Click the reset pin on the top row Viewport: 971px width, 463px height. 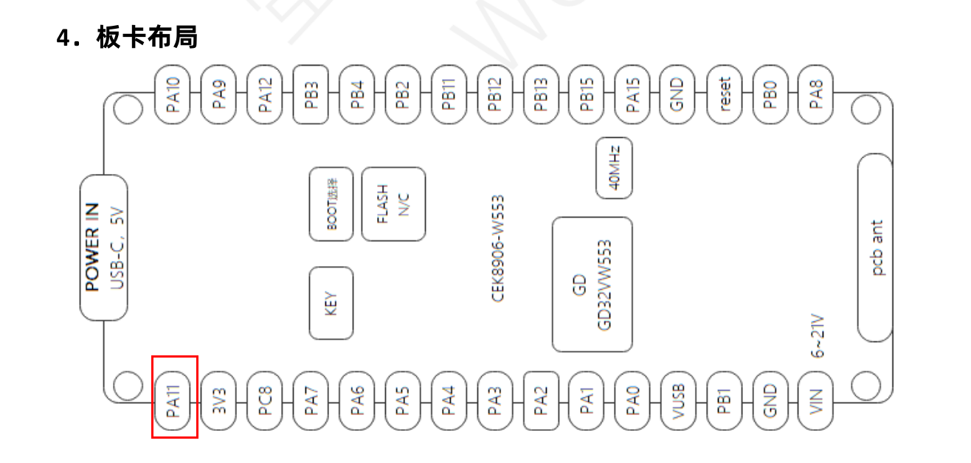click(x=725, y=94)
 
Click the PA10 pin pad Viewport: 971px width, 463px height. click(x=174, y=94)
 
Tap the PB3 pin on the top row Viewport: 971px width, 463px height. click(x=311, y=94)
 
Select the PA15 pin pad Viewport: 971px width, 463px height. click(x=632, y=94)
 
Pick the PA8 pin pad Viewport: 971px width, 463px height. click(x=816, y=94)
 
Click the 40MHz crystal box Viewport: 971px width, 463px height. click(x=614, y=167)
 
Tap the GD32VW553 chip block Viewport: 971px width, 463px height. click(x=592, y=284)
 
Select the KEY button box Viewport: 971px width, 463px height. click(x=331, y=303)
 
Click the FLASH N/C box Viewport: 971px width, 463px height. click(x=393, y=203)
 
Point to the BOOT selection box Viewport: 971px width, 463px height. click(x=331, y=203)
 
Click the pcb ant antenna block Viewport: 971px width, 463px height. click(x=876, y=248)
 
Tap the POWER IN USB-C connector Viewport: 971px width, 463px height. click(x=103, y=248)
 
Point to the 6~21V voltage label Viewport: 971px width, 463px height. click(x=818, y=338)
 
